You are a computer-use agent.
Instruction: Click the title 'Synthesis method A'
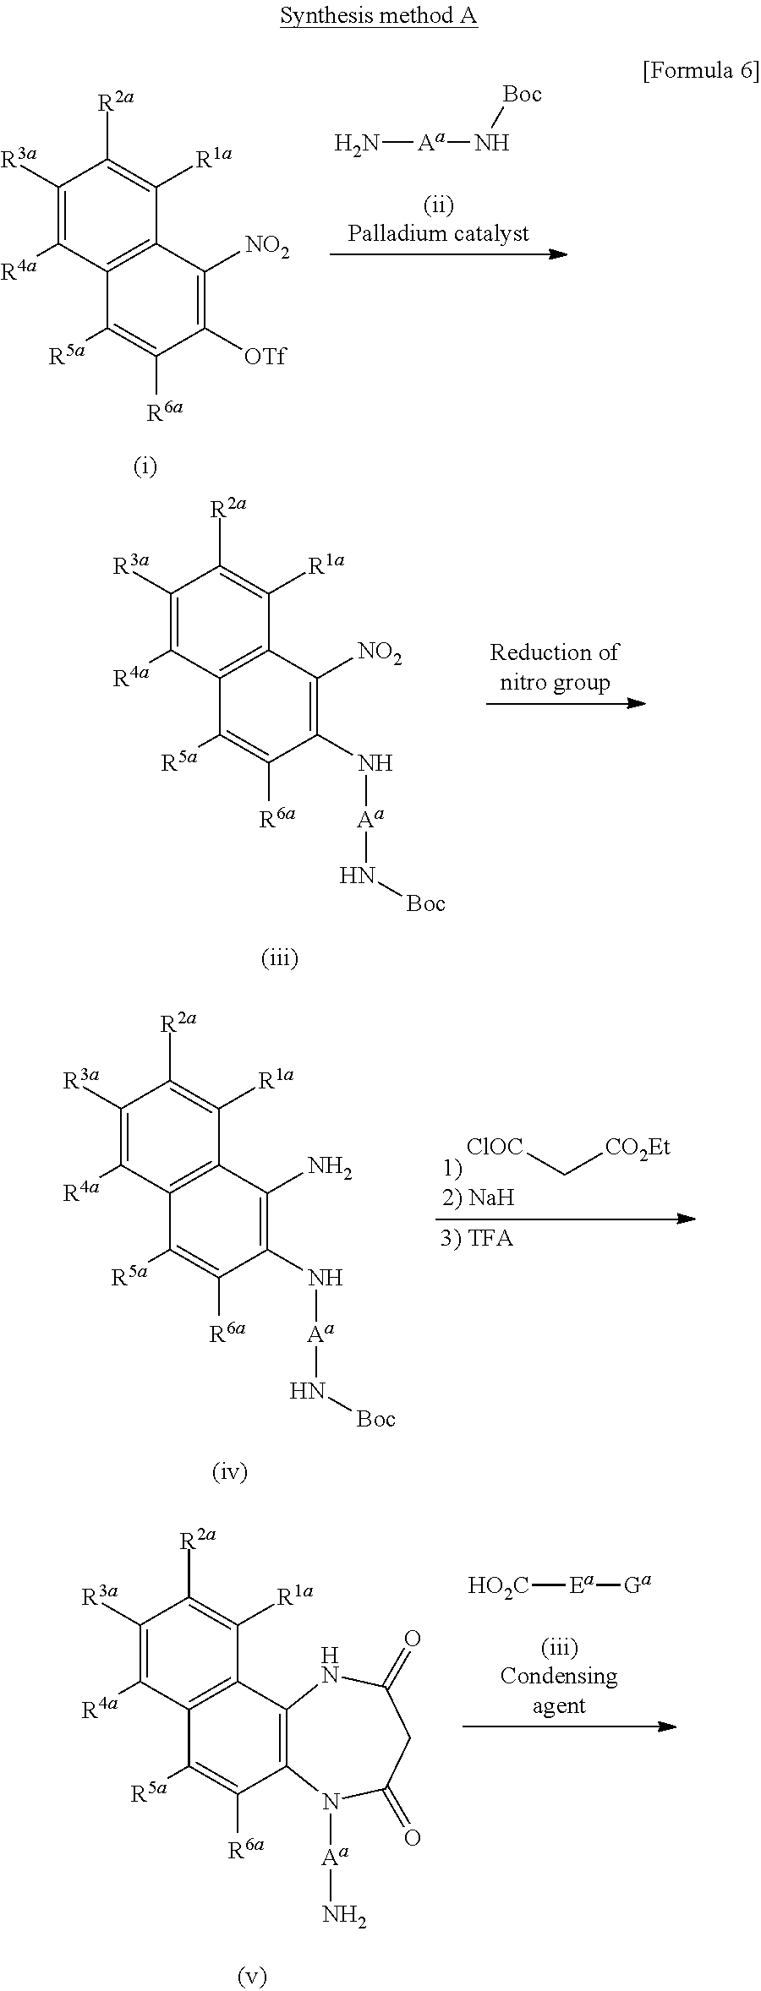(x=379, y=16)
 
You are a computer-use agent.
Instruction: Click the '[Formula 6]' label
(x=701, y=71)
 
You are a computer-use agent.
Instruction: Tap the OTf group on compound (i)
(x=265, y=357)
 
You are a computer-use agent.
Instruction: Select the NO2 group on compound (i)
(x=267, y=248)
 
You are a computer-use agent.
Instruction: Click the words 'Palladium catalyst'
(x=438, y=233)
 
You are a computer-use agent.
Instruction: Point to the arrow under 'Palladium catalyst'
(x=448, y=254)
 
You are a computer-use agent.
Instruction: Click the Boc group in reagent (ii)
(x=522, y=94)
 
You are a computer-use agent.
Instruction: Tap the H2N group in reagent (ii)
(x=356, y=143)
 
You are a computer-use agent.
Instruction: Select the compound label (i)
(x=145, y=466)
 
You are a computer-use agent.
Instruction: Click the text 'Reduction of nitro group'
(x=554, y=667)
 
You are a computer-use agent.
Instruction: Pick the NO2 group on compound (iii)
(x=380, y=652)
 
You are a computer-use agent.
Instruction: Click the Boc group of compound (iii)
(x=425, y=903)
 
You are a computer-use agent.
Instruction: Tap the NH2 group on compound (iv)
(x=330, y=1167)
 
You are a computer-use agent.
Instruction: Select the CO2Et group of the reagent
(x=638, y=1148)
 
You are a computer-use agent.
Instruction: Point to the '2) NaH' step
(x=478, y=1197)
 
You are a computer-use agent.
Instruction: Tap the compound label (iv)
(x=229, y=1472)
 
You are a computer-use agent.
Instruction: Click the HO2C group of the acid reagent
(x=498, y=1585)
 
